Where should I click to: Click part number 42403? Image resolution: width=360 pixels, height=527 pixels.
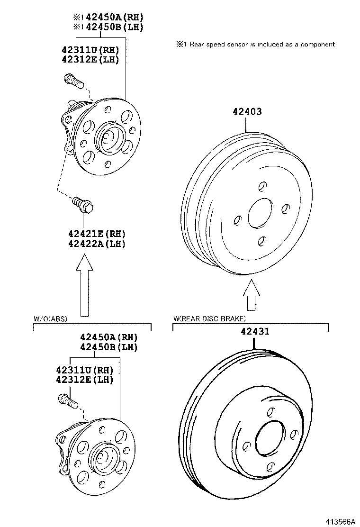coord(247,112)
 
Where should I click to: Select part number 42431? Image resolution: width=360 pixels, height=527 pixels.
coord(254,332)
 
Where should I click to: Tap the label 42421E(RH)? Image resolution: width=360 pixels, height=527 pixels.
coord(96,234)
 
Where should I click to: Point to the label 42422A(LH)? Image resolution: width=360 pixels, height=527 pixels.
coord(96,244)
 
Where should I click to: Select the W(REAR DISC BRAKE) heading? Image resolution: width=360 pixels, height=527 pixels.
coord(209,318)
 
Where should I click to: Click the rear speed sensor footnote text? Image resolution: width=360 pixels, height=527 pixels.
coord(256,45)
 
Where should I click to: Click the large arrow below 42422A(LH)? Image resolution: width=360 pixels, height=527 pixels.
coord(84,284)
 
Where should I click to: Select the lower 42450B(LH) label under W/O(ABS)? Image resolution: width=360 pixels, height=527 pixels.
coord(108,347)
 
